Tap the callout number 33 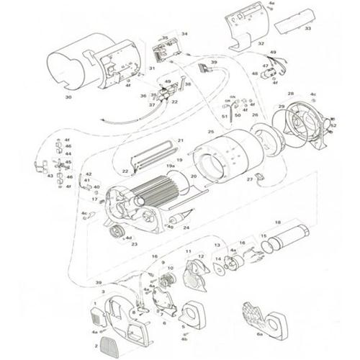pos(307,29)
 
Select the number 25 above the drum pos(210,132)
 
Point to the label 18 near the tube pos(277,222)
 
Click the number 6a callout pos(259,336)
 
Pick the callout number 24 pos(186,228)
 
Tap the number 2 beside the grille pos(95,346)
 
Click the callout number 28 pos(291,94)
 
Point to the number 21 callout pos(181,140)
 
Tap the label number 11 pos(189,252)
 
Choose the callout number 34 pos(184,34)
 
